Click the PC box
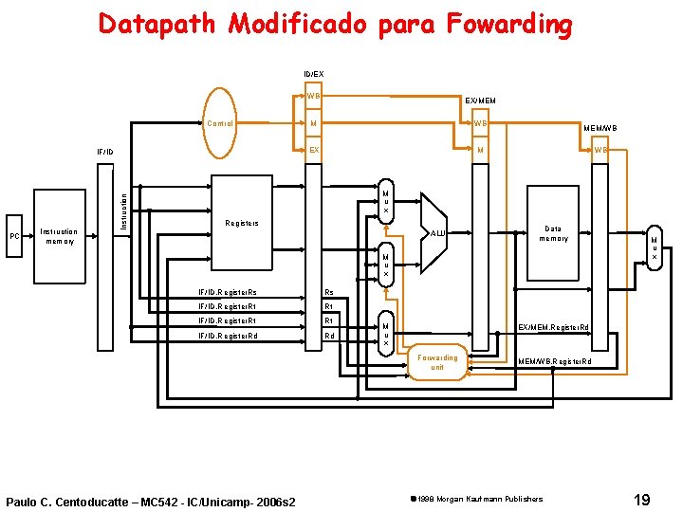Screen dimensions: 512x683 tap(14, 236)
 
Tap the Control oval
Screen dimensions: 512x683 tap(220, 123)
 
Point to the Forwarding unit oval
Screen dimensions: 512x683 tap(437, 362)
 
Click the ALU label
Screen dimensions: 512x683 tap(437, 232)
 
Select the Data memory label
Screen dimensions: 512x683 tap(553, 233)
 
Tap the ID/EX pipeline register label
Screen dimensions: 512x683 tap(313, 73)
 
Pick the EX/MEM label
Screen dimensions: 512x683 tap(479, 101)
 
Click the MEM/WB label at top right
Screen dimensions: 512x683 tap(600, 127)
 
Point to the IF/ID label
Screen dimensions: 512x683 tap(104, 151)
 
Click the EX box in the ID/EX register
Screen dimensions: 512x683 tap(314, 150)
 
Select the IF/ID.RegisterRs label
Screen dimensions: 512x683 tap(227, 292)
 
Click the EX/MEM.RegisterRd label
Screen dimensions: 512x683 tap(553, 327)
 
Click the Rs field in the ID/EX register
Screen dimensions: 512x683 tap(329, 292)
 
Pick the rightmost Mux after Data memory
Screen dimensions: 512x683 tap(653, 248)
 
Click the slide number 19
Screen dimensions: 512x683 tap(641, 498)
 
